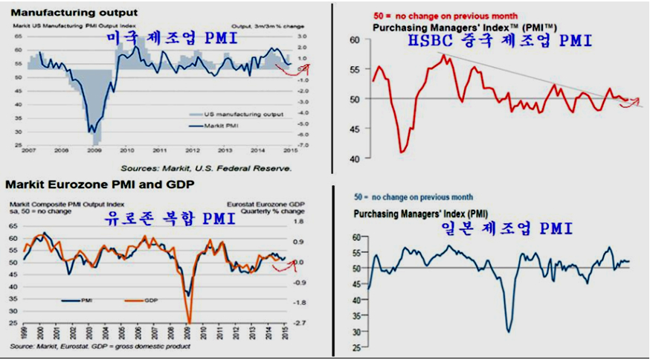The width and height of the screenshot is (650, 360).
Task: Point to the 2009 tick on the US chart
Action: click(x=95, y=150)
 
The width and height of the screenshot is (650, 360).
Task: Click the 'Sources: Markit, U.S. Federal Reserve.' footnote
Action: click(x=207, y=169)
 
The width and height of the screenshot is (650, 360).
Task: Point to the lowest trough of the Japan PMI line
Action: click(x=509, y=331)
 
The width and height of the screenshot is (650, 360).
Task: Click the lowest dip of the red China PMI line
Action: click(x=402, y=152)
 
